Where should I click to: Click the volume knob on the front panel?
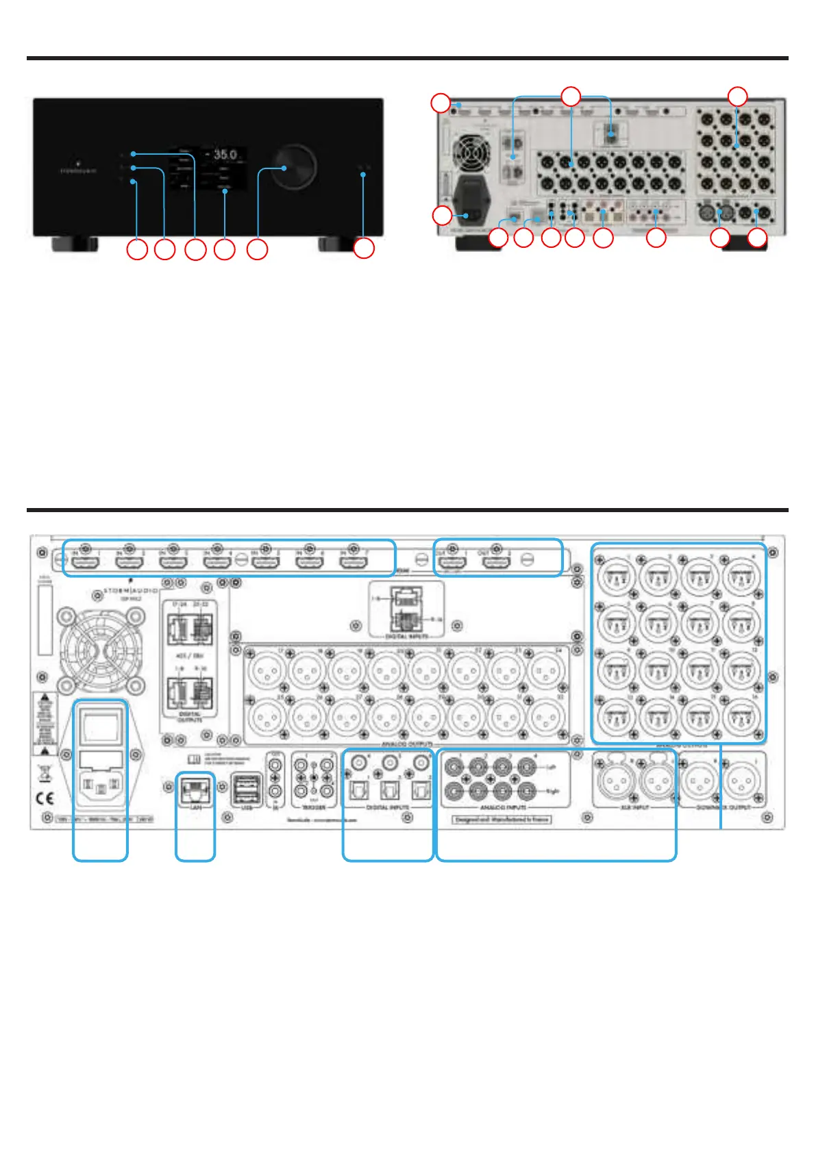(x=295, y=166)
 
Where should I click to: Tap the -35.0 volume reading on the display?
(x=221, y=155)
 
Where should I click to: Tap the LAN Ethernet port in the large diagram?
(x=195, y=792)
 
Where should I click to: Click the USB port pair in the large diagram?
(x=247, y=791)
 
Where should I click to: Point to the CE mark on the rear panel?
(x=45, y=798)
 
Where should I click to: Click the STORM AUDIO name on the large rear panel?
(x=130, y=590)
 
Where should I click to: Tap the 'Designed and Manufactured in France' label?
(x=502, y=819)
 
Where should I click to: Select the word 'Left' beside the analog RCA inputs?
(x=551, y=768)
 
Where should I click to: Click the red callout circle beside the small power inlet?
(x=443, y=216)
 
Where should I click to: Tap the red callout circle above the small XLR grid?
(x=737, y=97)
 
